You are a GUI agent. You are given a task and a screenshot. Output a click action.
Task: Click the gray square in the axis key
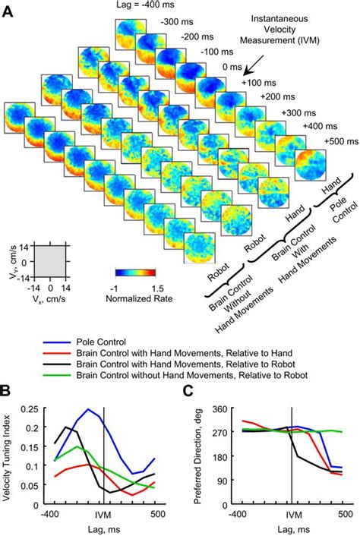tap(51, 262)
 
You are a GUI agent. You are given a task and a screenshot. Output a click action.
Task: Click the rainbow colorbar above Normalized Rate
tap(135, 271)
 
